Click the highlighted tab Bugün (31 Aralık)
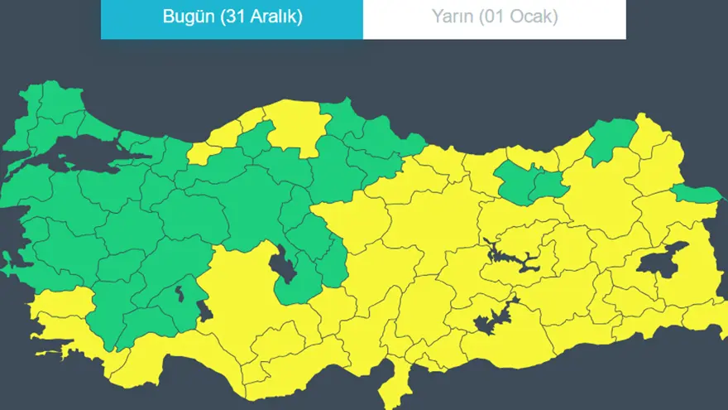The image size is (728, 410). [x=232, y=19]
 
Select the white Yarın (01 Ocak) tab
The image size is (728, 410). [x=494, y=19]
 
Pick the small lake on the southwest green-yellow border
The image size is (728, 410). [x=205, y=314]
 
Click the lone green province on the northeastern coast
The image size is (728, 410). [x=612, y=137]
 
